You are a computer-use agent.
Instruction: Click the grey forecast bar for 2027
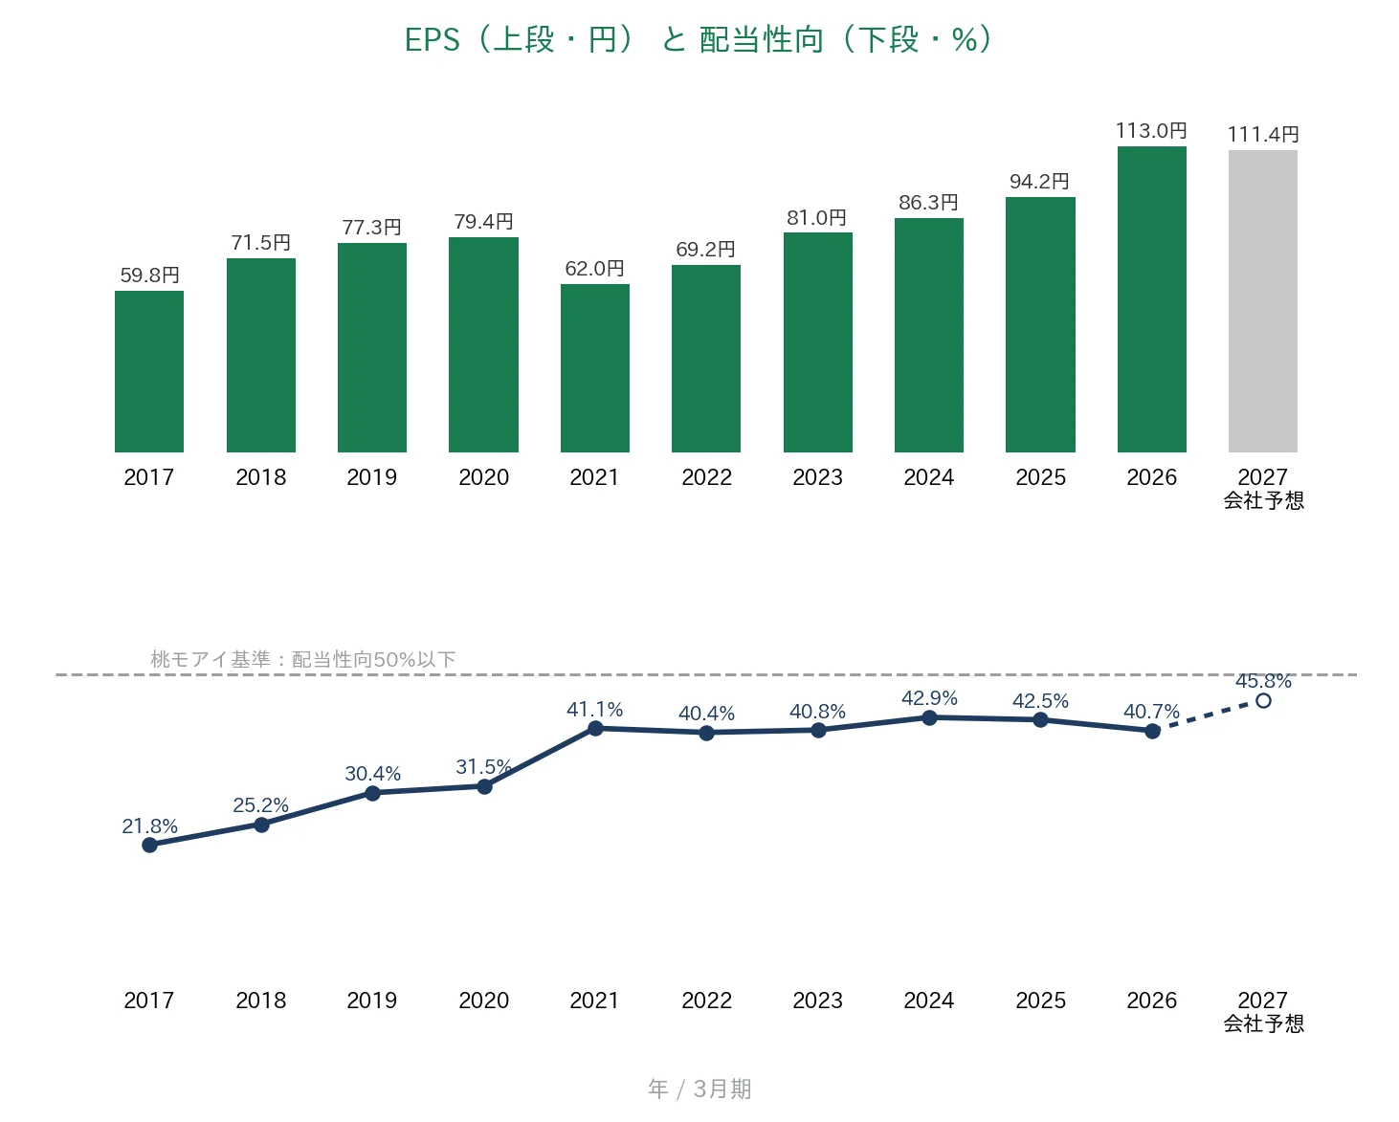(x=1262, y=301)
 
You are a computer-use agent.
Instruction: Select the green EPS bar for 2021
(x=595, y=368)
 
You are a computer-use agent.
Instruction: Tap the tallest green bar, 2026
(x=1152, y=299)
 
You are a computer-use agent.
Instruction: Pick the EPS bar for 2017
(x=149, y=371)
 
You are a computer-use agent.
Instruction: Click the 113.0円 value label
(x=1151, y=131)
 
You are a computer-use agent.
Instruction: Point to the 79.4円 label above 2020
(x=483, y=222)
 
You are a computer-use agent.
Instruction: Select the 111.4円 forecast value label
(x=1263, y=135)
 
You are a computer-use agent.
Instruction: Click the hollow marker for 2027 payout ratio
(x=1263, y=701)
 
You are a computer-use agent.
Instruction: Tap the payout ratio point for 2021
(x=595, y=729)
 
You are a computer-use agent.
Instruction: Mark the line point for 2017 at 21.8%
(x=149, y=845)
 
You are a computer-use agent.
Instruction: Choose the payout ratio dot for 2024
(x=929, y=717)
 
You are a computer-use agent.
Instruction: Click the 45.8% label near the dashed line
(x=1263, y=681)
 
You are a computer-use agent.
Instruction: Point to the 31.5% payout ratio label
(x=483, y=767)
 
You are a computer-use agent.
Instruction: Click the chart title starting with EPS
(x=699, y=39)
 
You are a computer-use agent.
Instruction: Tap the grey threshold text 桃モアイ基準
(x=210, y=659)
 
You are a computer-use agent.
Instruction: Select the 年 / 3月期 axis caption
(x=699, y=1089)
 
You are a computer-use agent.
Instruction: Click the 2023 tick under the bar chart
(x=818, y=477)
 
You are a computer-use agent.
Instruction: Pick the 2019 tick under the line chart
(x=372, y=1000)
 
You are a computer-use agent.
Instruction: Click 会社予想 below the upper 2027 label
(x=1264, y=500)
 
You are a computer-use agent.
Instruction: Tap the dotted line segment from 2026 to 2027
(x=1208, y=715)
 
